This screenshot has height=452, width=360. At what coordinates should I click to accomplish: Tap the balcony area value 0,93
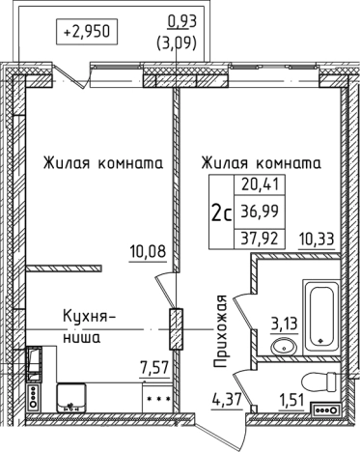(x=178, y=20)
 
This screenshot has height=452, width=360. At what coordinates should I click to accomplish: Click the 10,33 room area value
(x=318, y=238)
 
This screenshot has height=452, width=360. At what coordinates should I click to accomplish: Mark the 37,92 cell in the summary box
(x=253, y=236)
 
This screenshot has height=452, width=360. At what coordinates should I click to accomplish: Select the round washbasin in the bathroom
(x=284, y=347)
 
